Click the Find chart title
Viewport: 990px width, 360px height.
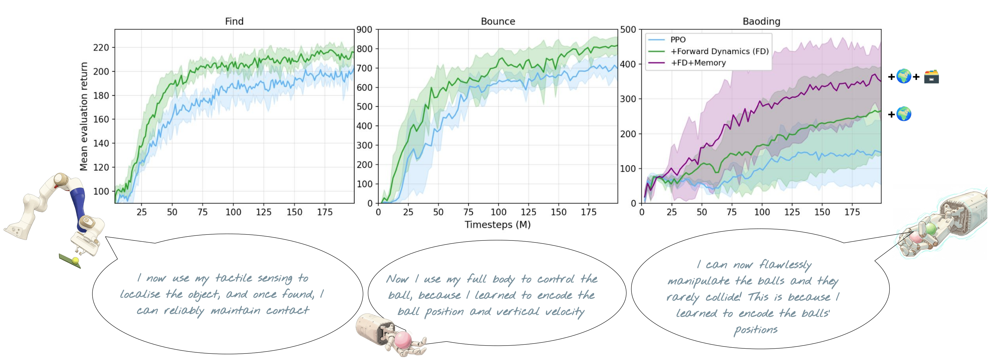[x=234, y=21]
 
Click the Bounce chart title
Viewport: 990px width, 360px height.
[x=498, y=21]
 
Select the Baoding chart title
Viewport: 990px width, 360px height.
[x=761, y=21]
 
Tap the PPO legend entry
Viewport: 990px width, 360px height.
[x=678, y=40]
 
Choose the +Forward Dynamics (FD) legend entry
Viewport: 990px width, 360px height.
[x=719, y=51]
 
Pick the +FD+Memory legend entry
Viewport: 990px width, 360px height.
[x=698, y=63]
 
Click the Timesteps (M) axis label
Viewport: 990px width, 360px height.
[x=497, y=224]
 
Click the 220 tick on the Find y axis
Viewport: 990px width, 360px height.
[x=101, y=48]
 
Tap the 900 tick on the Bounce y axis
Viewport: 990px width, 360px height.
[x=364, y=29]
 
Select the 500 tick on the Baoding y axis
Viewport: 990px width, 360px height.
[x=628, y=29]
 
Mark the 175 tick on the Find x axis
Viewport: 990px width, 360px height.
[x=325, y=212]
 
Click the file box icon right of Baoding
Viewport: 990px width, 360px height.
[x=931, y=77]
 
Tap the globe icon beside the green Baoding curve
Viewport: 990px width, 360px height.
[x=904, y=114]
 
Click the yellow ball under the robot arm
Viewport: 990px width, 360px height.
[x=75, y=261]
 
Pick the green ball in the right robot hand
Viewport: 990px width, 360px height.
[x=931, y=229]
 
